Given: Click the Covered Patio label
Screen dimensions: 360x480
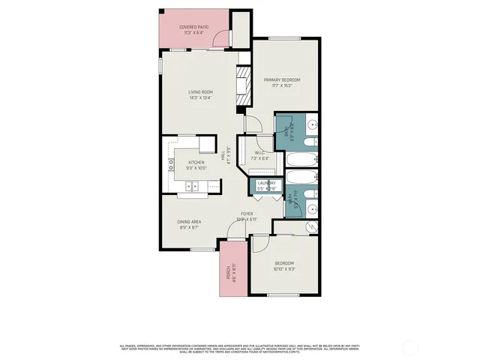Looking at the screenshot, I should coord(193,30).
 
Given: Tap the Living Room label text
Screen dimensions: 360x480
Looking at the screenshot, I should coord(199,94).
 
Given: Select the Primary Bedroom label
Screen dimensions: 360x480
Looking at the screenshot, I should coord(282,82).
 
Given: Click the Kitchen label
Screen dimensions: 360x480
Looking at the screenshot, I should coord(196,165).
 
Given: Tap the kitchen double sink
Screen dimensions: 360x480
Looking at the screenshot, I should coord(193,186).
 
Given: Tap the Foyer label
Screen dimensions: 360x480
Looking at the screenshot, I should coord(246,217).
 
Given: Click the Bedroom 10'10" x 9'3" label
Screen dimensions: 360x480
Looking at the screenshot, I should coord(284,265).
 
